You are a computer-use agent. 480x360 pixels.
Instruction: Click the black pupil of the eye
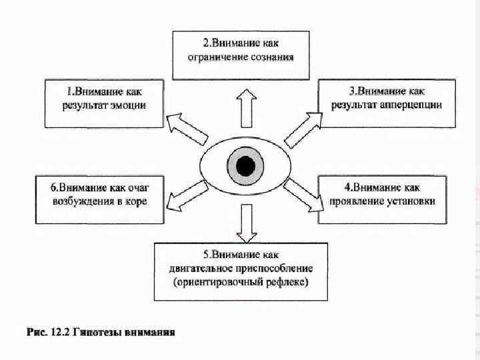(x=245, y=165)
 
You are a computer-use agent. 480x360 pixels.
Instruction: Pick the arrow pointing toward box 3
(x=303, y=128)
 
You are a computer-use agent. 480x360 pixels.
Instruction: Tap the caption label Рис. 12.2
(x=47, y=332)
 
